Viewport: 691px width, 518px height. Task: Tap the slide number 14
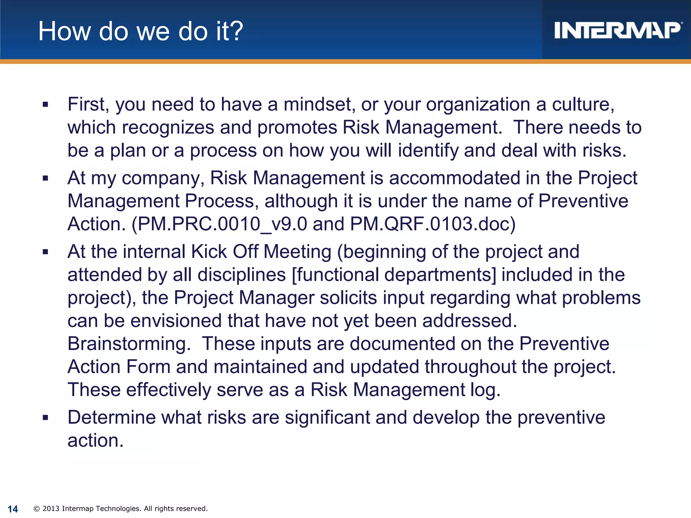[13, 509]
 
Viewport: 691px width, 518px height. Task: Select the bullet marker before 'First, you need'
[46, 105]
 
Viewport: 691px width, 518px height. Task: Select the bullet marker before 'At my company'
[46, 178]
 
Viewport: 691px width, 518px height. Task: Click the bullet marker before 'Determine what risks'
[46, 418]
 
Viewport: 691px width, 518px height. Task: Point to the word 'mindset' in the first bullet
[319, 104]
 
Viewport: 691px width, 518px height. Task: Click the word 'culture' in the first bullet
[583, 104]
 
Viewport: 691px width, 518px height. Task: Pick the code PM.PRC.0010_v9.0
[223, 224]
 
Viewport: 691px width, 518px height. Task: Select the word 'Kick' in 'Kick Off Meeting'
[209, 252]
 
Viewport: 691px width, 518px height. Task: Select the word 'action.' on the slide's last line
[95, 441]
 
